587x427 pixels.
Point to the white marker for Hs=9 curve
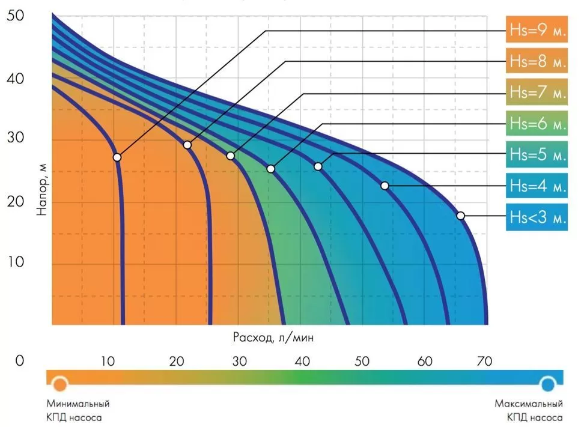point(117,157)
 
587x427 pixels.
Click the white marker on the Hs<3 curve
point(461,216)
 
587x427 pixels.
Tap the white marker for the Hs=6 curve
point(271,169)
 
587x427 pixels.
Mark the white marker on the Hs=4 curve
point(385,186)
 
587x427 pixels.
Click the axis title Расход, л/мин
point(273,338)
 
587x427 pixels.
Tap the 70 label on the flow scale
point(484,362)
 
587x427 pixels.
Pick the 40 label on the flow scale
point(303,362)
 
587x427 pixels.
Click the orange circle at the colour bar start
point(60,383)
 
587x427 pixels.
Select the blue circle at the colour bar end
point(548,383)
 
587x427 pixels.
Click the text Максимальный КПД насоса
point(529,410)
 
